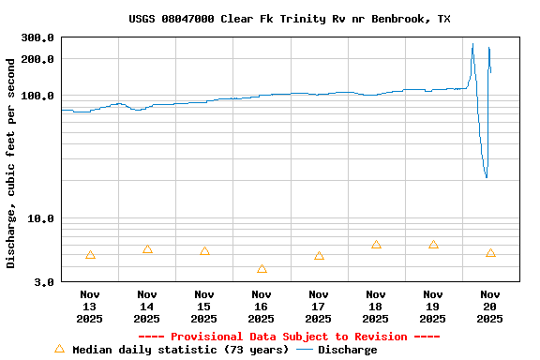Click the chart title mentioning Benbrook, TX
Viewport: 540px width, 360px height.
coord(290,19)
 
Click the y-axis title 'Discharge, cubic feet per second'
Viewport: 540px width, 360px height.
coord(11,163)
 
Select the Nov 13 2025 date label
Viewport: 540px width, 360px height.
coord(89,307)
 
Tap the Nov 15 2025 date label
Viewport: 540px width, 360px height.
coord(203,307)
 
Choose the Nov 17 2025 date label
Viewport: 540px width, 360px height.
coord(319,307)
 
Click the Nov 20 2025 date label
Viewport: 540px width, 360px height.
coord(490,307)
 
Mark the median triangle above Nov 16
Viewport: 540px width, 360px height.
coord(262,269)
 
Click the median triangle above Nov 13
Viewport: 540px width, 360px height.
coord(90,255)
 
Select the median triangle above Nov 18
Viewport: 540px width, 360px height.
coord(376,245)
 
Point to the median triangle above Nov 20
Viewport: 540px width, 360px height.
coord(490,253)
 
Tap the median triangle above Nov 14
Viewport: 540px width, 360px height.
coord(147,249)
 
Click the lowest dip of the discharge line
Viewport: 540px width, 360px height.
coord(486,176)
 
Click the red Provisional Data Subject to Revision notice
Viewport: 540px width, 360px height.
coord(289,337)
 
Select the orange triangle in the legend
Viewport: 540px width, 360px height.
coord(60,349)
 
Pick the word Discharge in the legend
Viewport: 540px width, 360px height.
coord(347,350)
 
